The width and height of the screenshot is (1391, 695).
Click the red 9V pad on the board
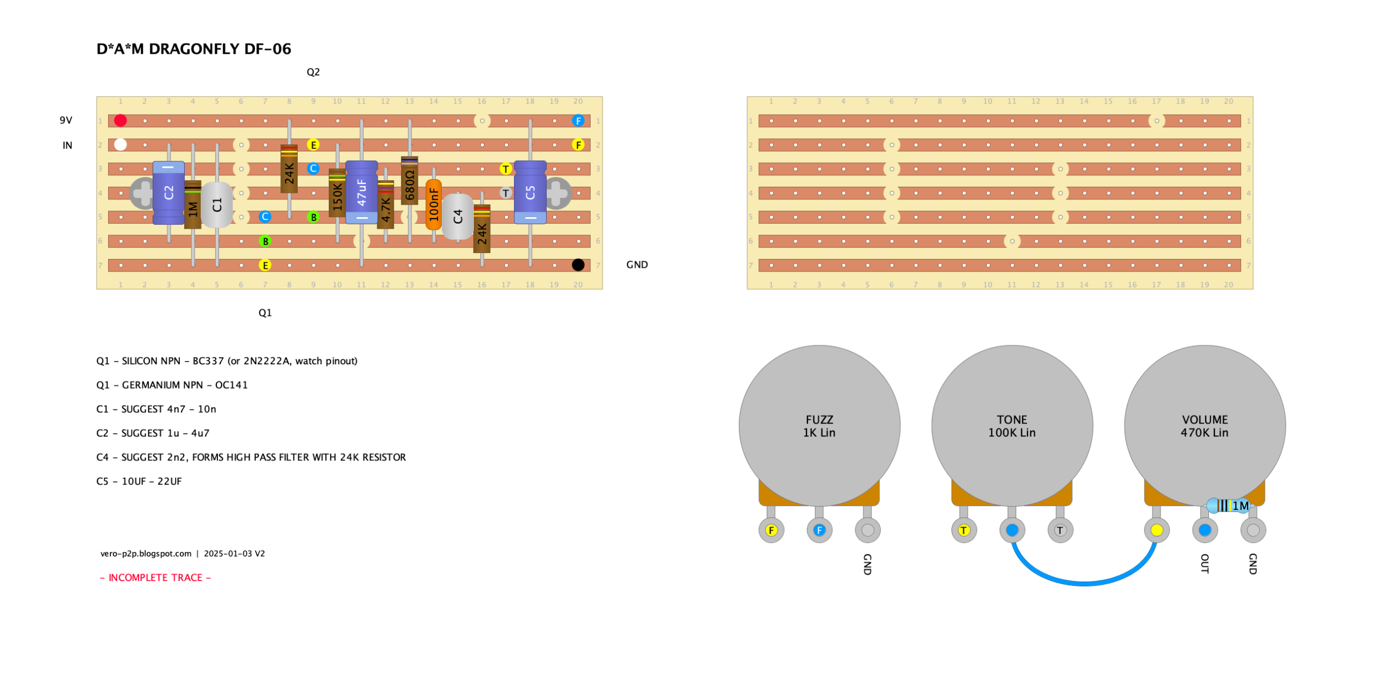point(120,120)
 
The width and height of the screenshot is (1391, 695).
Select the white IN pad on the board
point(120,144)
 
